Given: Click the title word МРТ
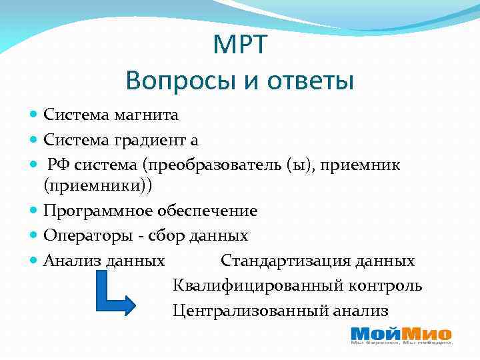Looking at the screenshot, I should tap(240, 45).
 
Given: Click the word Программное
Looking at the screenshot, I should tap(98, 211).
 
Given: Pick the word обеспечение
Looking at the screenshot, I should tap(207, 211).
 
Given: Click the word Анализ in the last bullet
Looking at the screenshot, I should tap(70, 261).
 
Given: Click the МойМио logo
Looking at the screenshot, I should tap(401, 335).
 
